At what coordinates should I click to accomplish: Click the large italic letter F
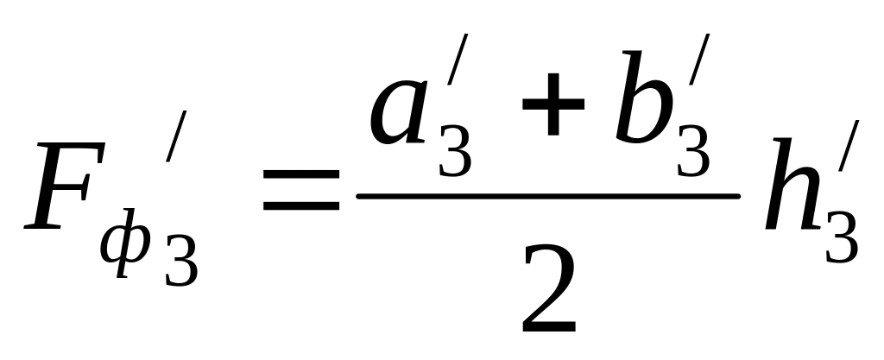(x=65, y=190)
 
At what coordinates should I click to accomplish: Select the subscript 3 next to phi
(x=180, y=259)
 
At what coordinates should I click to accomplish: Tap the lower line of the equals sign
(x=301, y=207)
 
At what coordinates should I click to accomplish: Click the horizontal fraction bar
(x=548, y=196)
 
